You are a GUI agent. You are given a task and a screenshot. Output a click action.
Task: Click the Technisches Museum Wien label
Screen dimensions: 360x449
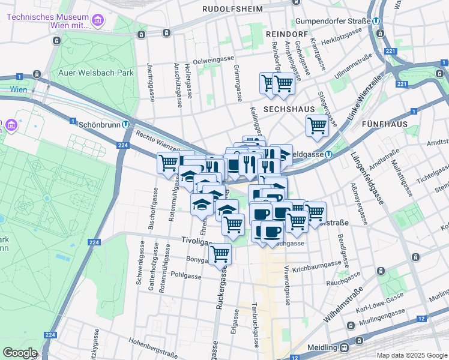click(48, 18)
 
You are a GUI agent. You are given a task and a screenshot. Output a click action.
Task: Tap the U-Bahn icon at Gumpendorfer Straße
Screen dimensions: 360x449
click(376, 21)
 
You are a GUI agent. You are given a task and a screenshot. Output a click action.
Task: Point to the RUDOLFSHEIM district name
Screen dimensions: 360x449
click(232, 9)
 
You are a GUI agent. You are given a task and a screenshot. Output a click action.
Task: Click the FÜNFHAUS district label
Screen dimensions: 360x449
click(385, 124)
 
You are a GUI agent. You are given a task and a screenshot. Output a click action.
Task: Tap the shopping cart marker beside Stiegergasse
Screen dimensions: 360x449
click(316, 126)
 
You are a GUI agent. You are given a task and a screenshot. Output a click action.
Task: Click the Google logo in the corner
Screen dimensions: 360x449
click(19, 353)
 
